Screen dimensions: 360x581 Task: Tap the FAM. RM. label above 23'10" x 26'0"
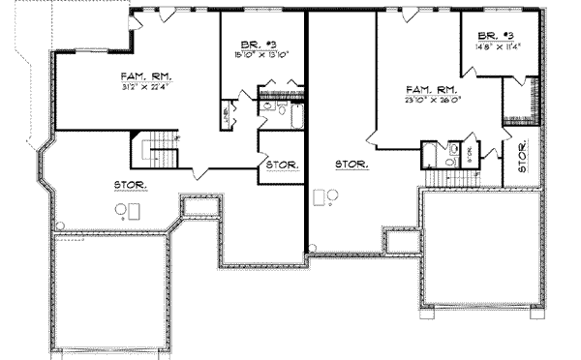[x=430, y=89]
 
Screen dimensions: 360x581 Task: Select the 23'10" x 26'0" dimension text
[x=430, y=99]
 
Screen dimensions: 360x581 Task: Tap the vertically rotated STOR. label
[x=522, y=157]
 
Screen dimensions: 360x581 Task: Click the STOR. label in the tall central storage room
[x=352, y=165]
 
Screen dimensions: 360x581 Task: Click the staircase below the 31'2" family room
[x=155, y=150]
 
